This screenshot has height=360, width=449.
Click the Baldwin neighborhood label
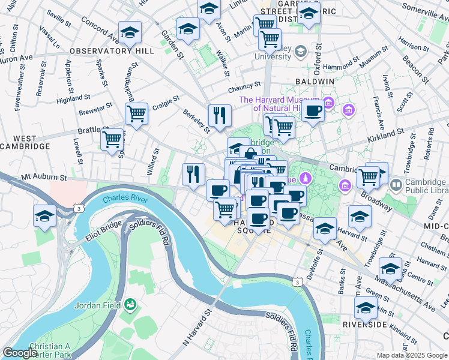[x=315, y=81]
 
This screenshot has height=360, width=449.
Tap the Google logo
[x=20, y=353]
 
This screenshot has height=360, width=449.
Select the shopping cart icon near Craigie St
[x=137, y=113]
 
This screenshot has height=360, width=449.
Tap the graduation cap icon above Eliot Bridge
[x=45, y=216]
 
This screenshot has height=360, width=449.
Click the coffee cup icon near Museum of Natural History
[x=312, y=110]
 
